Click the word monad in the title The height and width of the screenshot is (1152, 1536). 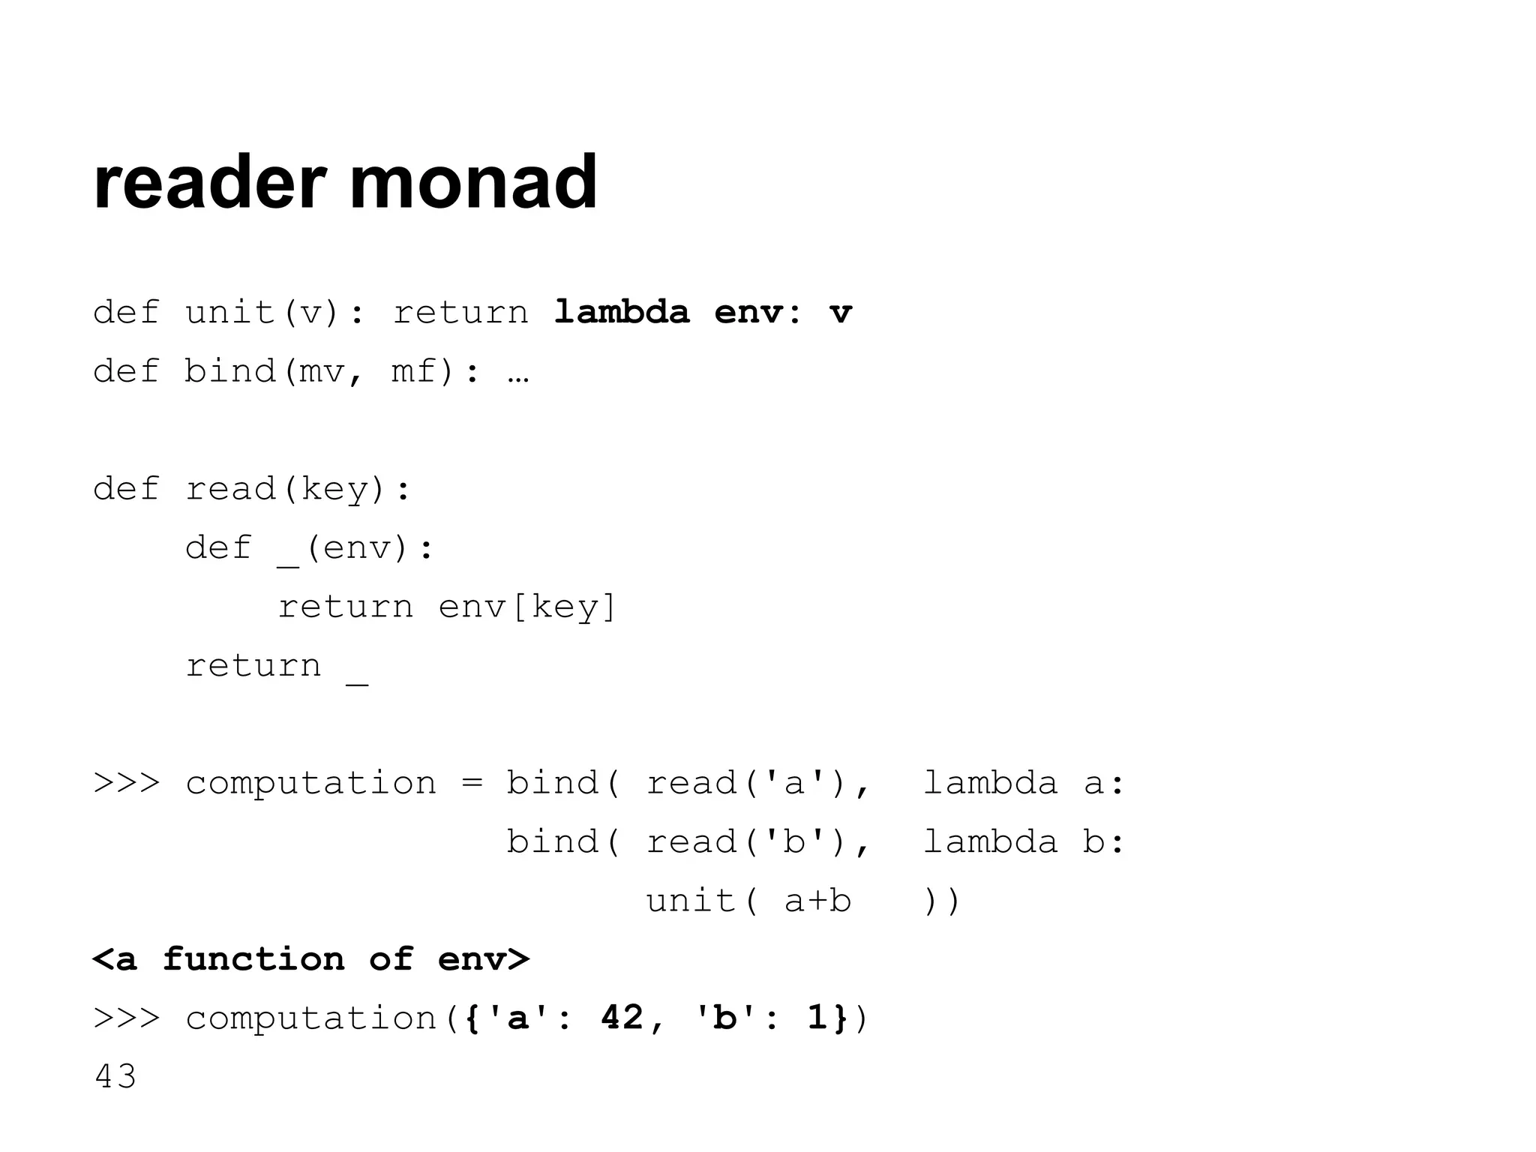click(x=473, y=182)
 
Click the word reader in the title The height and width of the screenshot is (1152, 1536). click(x=209, y=182)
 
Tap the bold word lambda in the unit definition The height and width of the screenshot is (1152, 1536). click(x=621, y=312)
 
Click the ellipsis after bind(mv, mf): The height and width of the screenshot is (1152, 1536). click(x=518, y=373)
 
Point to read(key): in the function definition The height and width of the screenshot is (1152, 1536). click(x=298, y=490)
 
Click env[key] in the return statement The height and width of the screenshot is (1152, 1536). click(x=527, y=607)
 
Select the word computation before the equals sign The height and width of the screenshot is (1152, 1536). click(x=310, y=784)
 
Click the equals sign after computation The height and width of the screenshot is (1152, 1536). click(x=471, y=784)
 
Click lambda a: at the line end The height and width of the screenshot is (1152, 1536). click(x=1024, y=784)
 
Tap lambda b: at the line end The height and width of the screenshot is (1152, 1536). click(x=1024, y=842)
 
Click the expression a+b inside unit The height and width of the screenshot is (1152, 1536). click(x=817, y=901)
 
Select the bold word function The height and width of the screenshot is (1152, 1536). click(x=253, y=959)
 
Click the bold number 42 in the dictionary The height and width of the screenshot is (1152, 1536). click(x=622, y=1018)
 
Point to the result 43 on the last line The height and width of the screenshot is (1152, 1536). click(x=115, y=1077)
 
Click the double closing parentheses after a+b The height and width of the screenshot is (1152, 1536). click(x=942, y=901)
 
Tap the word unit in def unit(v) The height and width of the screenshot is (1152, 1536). click(x=230, y=312)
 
